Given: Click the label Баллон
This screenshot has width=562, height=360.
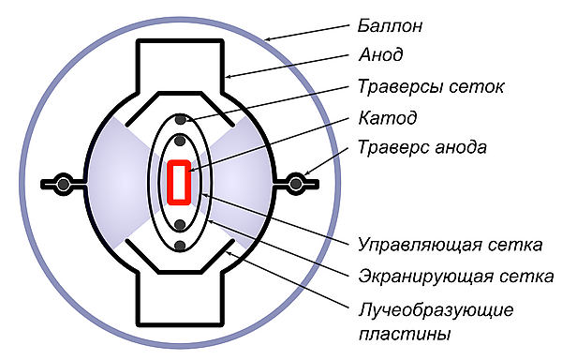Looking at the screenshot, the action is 390,26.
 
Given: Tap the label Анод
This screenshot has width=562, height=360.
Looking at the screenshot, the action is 380,55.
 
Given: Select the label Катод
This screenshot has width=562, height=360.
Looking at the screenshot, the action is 388,117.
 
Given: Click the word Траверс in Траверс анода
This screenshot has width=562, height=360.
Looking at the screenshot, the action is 393,147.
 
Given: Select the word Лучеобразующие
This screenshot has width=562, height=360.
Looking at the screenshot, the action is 436,309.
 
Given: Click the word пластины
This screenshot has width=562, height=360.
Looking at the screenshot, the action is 405,334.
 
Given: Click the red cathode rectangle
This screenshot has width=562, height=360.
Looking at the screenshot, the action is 179,182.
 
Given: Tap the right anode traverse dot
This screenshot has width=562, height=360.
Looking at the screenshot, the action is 295,184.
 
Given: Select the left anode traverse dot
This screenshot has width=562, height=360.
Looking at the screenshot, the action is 64,185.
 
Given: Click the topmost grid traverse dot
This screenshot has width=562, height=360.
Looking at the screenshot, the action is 180,119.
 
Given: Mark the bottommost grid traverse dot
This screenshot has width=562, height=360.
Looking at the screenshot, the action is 180,246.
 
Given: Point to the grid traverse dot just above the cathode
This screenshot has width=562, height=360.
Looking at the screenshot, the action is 180,141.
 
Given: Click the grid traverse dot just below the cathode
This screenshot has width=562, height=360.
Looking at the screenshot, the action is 180,225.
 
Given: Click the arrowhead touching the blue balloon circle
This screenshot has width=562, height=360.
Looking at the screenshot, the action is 269,38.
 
